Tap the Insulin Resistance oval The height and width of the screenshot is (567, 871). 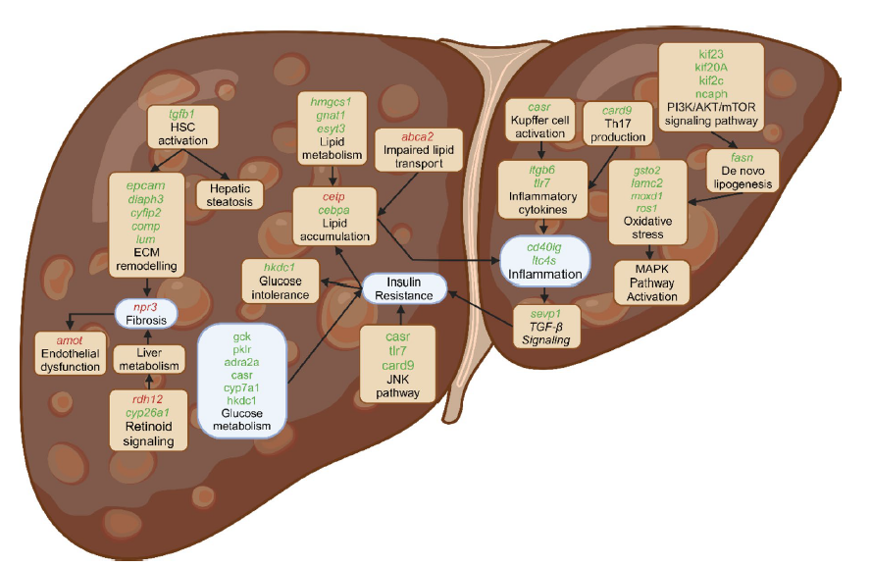[x=404, y=288]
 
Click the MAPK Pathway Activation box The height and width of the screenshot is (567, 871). [x=652, y=282]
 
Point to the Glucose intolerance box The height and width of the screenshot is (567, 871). [x=279, y=281]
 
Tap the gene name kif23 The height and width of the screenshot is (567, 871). [x=711, y=53]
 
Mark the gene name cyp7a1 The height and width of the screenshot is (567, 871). [x=241, y=388]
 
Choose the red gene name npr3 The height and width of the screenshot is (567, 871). [x=145, y=307]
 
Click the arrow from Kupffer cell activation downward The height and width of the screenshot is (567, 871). [x=541, y=152]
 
